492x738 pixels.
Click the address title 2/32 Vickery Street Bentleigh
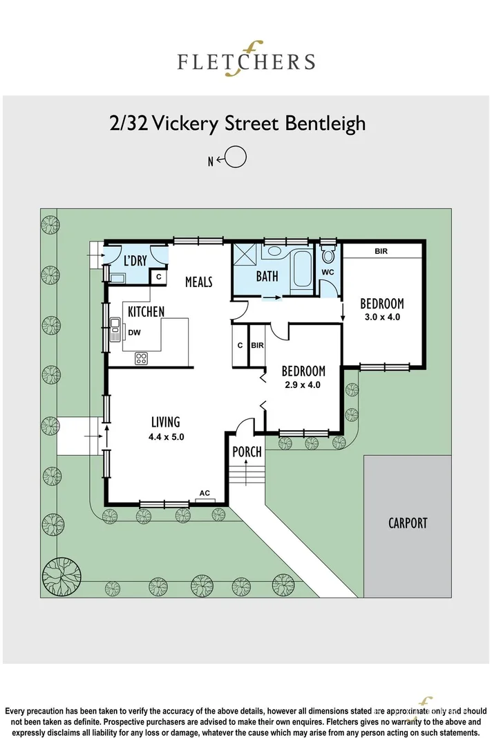coord(237,124)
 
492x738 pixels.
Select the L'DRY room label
coord(135,261)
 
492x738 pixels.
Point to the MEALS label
coord(198,282)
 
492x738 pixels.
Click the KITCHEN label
coord(146,312)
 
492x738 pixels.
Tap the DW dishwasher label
coord(134,333)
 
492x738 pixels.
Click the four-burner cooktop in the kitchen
coord(141,358)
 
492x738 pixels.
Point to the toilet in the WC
coord(328,256)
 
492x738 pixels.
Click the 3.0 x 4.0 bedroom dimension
coord(381,317)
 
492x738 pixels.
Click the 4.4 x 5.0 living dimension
coord(166,436)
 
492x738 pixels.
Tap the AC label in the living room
coord(205,493)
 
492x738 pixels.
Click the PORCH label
coord(247,452)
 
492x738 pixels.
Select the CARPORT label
coord(407,523)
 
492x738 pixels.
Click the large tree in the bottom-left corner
coord(63,575)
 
